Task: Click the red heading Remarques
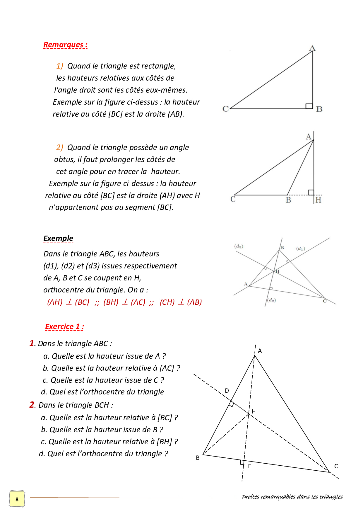pyautogui.click(x=65, y=45)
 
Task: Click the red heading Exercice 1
pyautogui.click(x=64, y=327)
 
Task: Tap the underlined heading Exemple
pyautogui.click(x=58, y=238)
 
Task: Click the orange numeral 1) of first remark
pyautogui.click(x=59, y=66)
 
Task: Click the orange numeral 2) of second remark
pyautogui.click(x=59, y=147)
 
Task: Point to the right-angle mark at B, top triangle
pyautogui.click(x=309, y=106)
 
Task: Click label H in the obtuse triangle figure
pyautogui.click(x=319, y=200)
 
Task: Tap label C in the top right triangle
pyautogui.click(x=225, y=109)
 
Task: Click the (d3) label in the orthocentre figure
pyautogui.click(x=239, y=246)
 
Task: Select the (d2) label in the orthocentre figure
pyautogui.click(x=271, y=300)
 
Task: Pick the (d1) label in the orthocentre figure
pyautogui.click(x=301, y=249)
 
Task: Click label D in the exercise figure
pyautogui.click(x=227, y=391)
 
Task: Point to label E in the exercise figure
pyautogui.click(x=249, y=466)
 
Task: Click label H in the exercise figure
pyautogui.click(x=254, y=411)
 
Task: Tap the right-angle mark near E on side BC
pyautogui.click(x=242, y=462)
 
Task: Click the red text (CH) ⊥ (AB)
pyautogui.click(x=181, y=302)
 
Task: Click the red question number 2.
pyautogui.click(x=32, y=405)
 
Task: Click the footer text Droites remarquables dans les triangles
pyautogui.click(x=292, y=497)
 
